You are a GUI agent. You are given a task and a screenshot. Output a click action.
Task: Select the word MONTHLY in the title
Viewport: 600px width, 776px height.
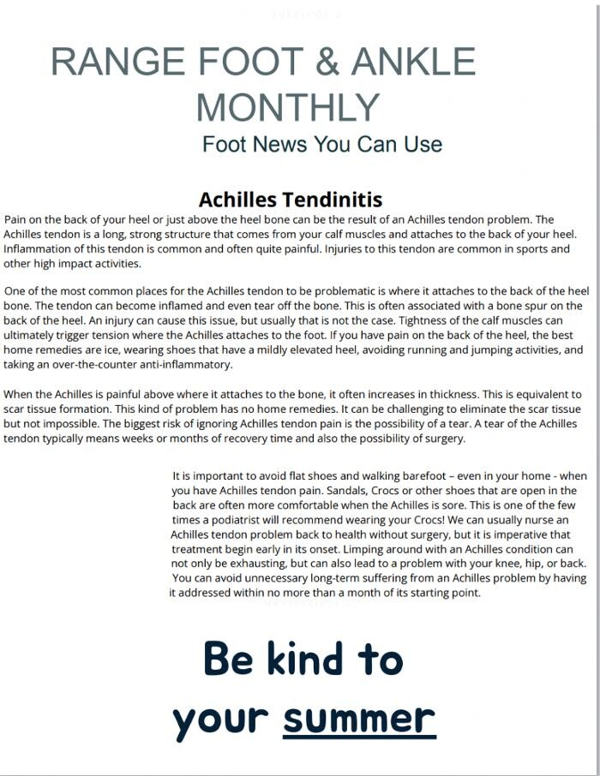pos(288,107)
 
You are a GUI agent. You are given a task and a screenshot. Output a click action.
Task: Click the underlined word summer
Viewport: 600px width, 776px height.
pos(359,718)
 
